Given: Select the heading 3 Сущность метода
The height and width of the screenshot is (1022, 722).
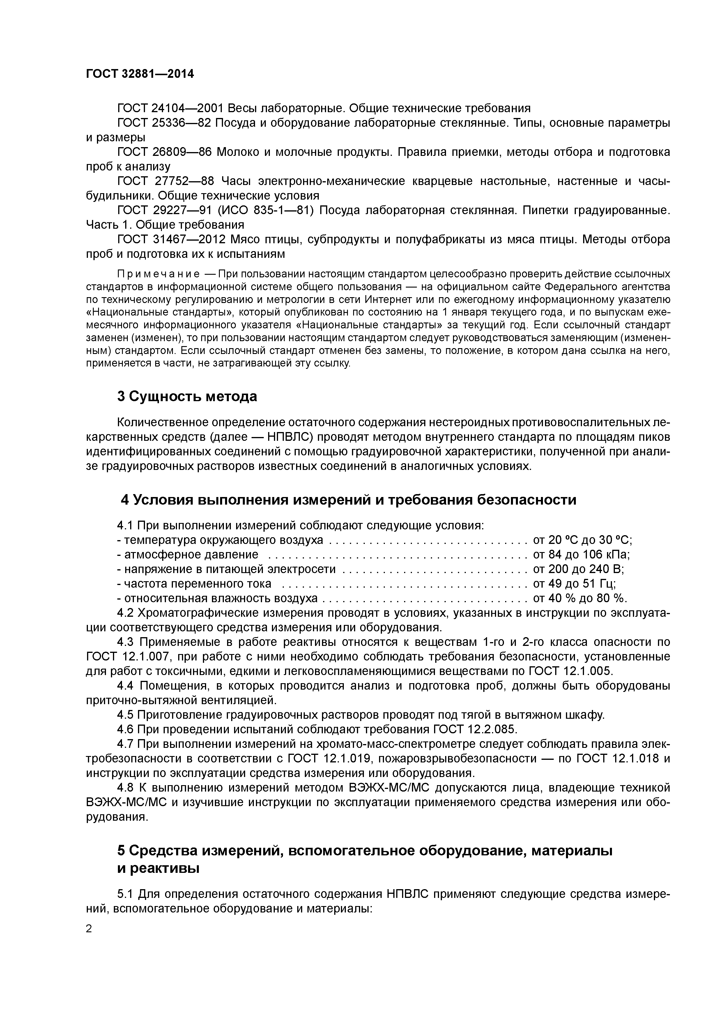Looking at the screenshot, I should click(x=187, y=396).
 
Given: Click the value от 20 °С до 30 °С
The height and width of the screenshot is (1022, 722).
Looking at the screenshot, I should click(x=582, y=540).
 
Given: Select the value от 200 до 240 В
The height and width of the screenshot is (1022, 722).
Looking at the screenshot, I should click(x=578, y=569).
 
